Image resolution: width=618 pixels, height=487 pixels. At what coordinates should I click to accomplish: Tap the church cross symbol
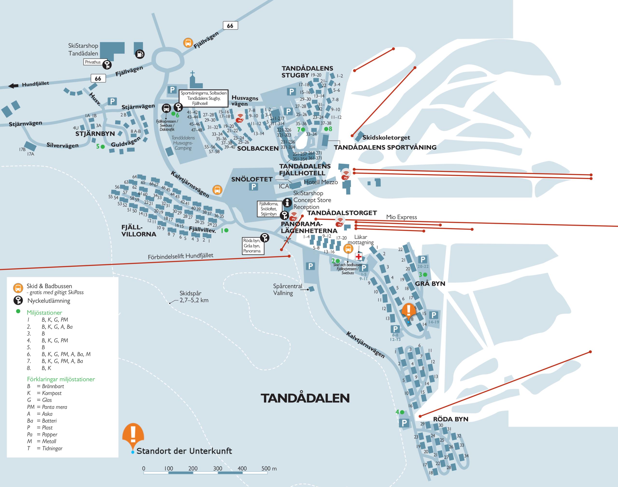193,74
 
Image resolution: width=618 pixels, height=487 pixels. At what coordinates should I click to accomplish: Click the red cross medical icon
358,257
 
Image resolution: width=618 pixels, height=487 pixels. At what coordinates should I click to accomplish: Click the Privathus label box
93,62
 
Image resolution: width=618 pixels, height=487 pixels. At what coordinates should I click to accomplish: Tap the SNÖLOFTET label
252,179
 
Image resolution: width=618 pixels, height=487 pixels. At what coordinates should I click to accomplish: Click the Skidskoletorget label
386,137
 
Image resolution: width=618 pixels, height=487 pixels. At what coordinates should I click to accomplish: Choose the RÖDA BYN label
451,419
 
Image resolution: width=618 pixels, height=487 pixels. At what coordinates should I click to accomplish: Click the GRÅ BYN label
430,284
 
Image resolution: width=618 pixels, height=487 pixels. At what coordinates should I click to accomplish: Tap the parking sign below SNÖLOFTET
253,187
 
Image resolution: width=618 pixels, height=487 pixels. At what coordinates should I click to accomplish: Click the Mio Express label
401,217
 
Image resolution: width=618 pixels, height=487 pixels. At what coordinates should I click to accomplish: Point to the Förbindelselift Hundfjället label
180,256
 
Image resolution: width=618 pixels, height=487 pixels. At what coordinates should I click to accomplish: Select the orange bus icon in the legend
18,288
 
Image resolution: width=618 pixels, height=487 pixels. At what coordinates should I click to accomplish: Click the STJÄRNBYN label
95,134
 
